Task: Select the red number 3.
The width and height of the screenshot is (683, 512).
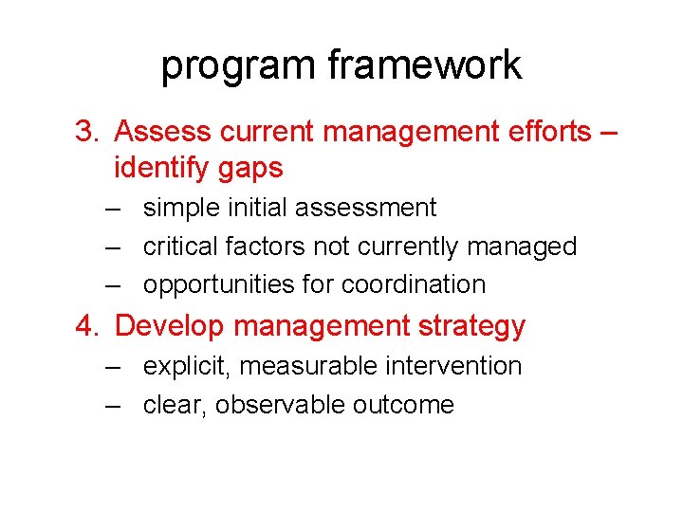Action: tap(85, 131)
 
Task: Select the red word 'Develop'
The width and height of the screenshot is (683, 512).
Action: tap(170, 326)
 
